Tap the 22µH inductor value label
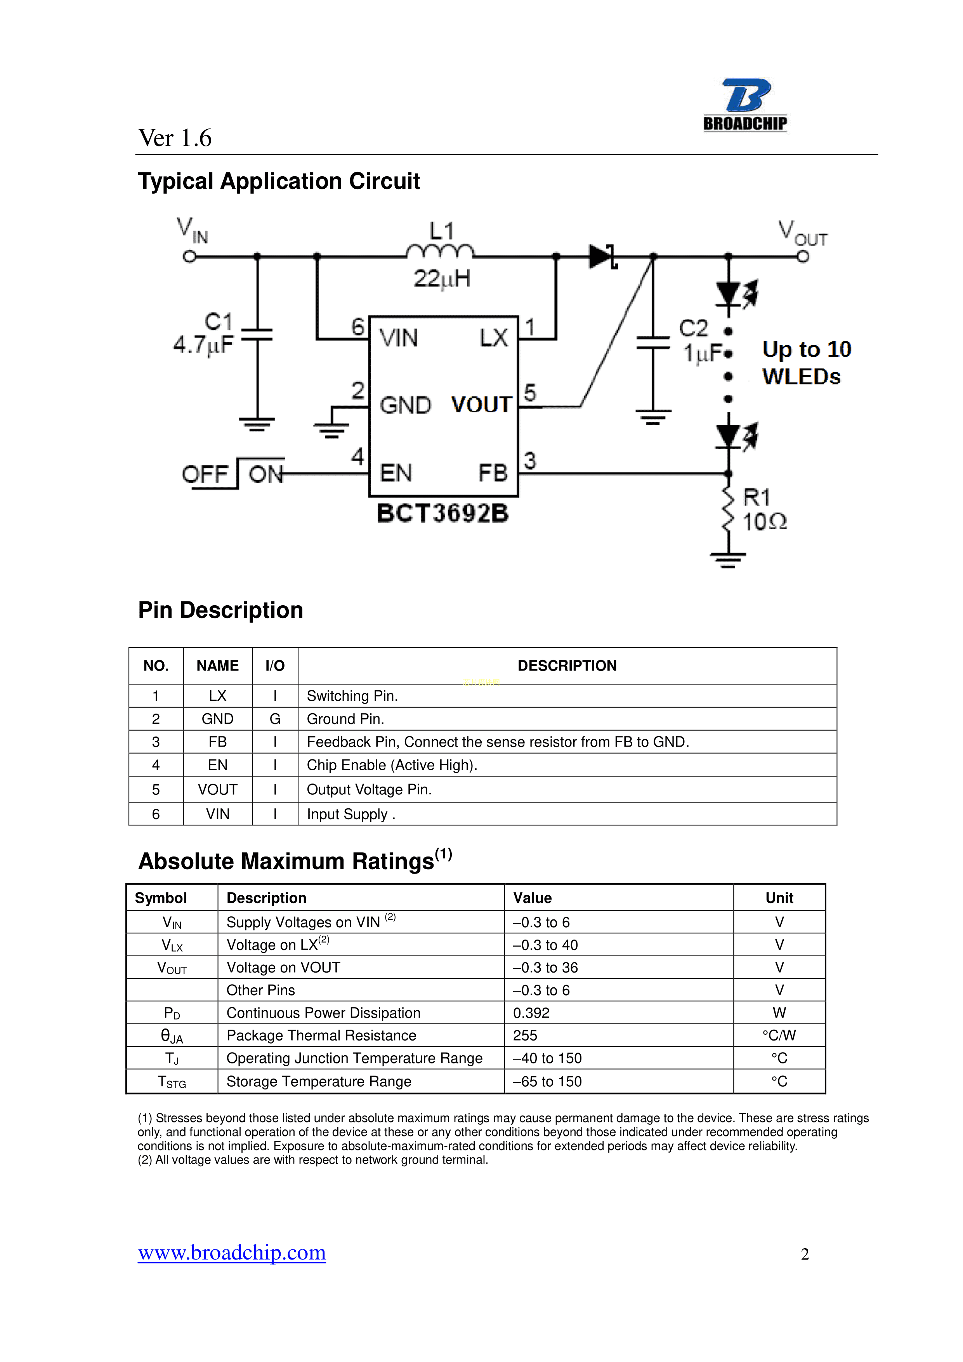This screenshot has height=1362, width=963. [x=442, y=278]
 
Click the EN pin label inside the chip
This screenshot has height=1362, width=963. [x=396, y=473]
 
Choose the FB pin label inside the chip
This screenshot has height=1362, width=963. [x=493, y=473]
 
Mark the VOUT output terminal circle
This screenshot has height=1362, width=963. [x=803, y=257]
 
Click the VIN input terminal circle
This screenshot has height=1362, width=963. [x=189, y=257]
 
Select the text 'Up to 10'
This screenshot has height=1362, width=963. [x=807, y=349]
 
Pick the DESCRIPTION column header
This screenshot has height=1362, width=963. [x=567, y=665]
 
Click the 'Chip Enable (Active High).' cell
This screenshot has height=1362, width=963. [x=392, y=765]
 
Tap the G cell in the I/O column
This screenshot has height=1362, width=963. [x=275, y=719]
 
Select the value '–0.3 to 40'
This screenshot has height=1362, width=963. [x=545, y=945]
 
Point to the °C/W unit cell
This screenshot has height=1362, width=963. [x=779, y=1035]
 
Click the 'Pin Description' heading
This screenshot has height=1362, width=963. [x=220, y=610]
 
